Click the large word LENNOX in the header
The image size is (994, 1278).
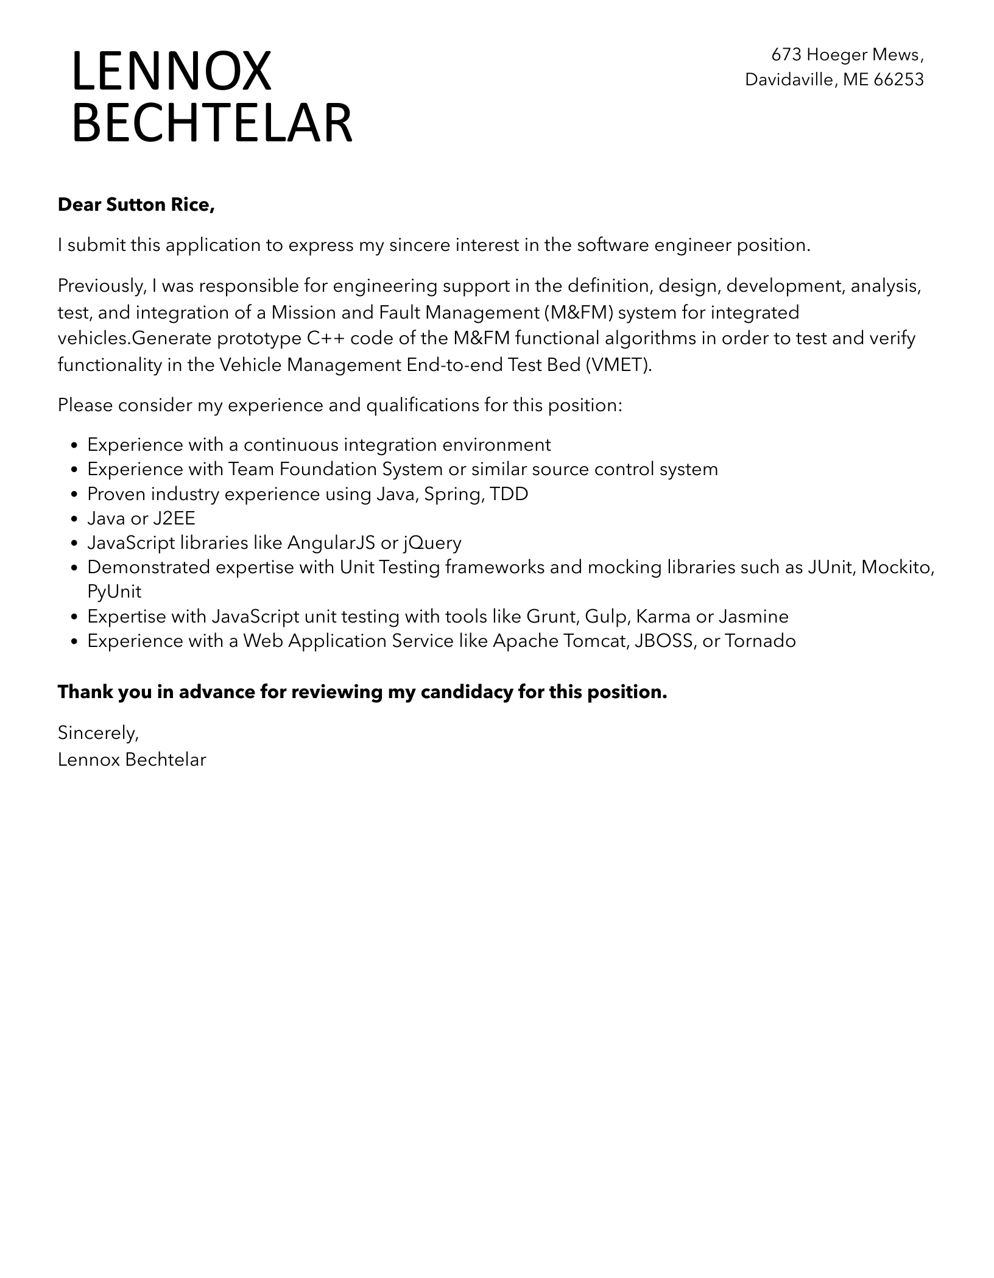pos(171,72)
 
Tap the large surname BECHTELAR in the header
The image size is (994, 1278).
pos(211,124)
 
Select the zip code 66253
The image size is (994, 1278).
pos(898,80)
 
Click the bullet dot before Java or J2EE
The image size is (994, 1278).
pos(74,519)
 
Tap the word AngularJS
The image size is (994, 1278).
pos(331,543)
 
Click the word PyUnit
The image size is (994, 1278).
pos(114,591)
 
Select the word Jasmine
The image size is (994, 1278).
pos(753,616)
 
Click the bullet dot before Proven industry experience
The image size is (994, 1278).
pos(74,495)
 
